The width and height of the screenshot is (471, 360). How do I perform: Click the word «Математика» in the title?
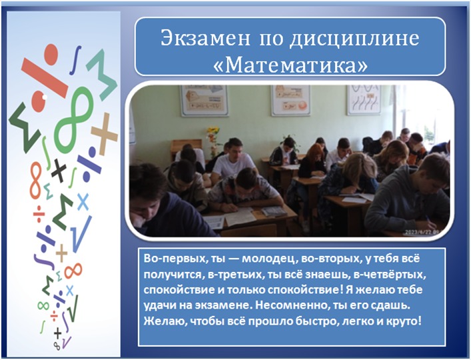290,64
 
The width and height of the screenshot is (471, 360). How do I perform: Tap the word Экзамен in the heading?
205,38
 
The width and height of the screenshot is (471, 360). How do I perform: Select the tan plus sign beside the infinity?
104,134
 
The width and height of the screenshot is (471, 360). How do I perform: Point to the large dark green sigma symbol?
24,126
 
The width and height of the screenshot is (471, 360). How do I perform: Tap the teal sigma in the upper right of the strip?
102,75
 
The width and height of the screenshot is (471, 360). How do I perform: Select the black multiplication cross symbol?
59,171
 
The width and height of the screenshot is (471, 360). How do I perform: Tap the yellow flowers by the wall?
213,135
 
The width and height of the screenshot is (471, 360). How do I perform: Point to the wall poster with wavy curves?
364,100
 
